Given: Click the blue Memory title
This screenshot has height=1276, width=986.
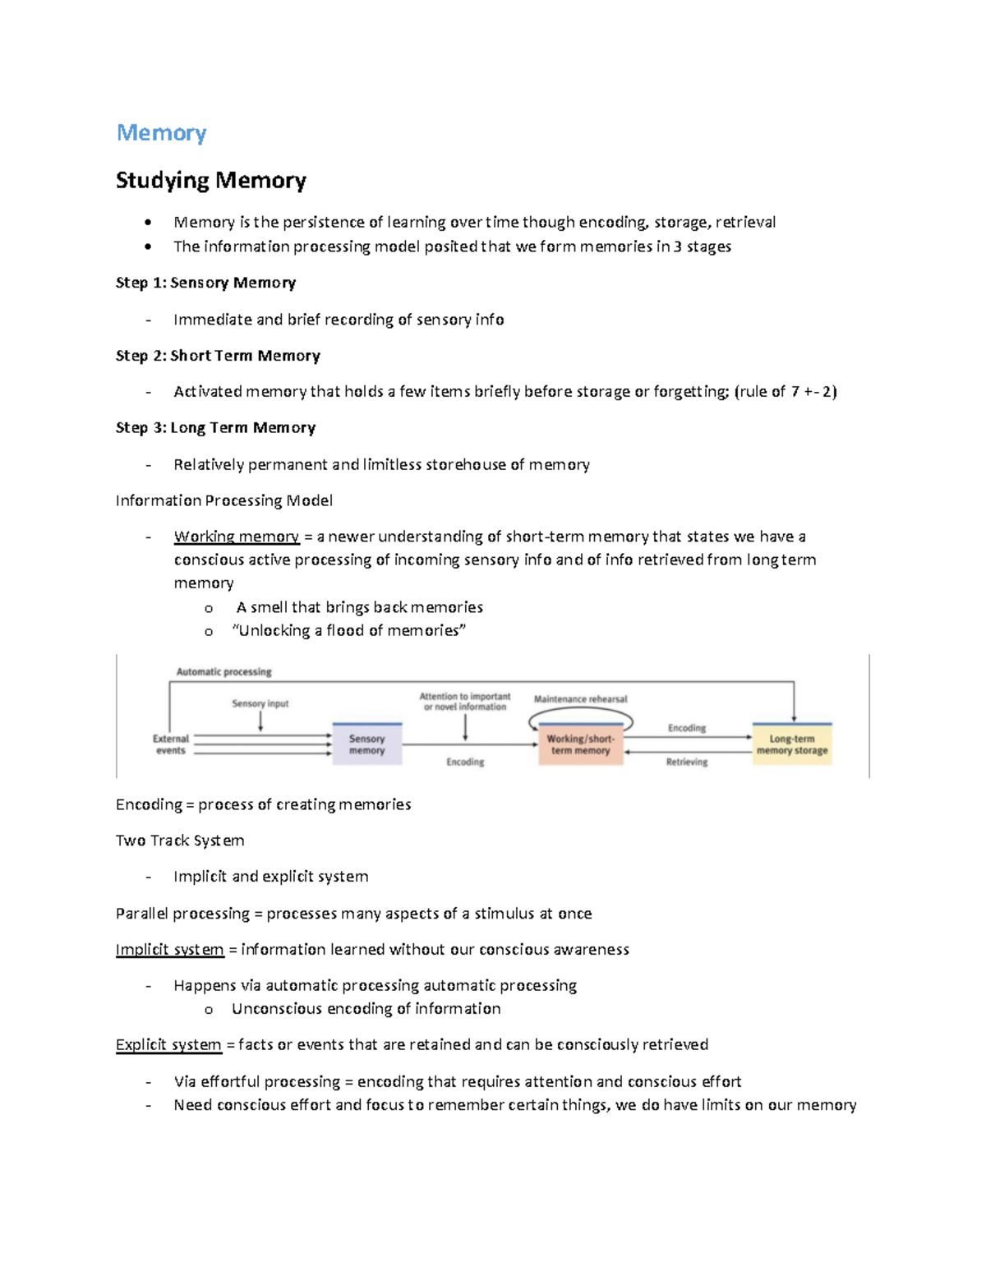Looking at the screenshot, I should pos(161,132).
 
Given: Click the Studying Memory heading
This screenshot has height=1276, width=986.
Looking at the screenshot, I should pos(211,180).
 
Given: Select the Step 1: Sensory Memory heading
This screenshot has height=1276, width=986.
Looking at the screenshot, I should pos(205,283).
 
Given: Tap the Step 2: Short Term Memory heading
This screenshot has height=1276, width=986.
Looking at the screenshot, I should pos(218,356).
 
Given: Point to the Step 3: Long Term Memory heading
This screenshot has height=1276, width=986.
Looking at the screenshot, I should pos(215,427).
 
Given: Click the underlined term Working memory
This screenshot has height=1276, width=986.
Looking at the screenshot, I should pos(237,537).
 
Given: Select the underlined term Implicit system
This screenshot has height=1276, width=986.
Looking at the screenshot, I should pos(169,950).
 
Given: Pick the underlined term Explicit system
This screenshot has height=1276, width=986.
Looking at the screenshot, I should pos(168,1044).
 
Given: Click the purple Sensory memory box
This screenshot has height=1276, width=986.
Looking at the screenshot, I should pos(366,744).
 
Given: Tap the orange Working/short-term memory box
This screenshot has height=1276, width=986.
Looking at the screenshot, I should pos(580,744).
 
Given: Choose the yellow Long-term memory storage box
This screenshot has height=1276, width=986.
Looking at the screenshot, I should pos(792,744).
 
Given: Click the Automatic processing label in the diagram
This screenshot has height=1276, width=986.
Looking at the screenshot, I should pos(223,672).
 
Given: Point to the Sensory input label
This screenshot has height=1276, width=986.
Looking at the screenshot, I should pos(260,703).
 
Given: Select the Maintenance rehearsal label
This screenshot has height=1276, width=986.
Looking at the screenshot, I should pos(580,699).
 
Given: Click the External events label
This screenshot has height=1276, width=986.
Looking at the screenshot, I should pos(171,744).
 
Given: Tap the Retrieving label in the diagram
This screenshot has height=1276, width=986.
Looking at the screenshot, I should pos(687,762).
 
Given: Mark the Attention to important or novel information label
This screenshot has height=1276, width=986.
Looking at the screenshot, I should pos(465,702).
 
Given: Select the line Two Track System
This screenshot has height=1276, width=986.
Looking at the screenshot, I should pos(180,841).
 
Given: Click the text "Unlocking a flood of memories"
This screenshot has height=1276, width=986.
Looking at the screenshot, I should pos(349,630).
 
